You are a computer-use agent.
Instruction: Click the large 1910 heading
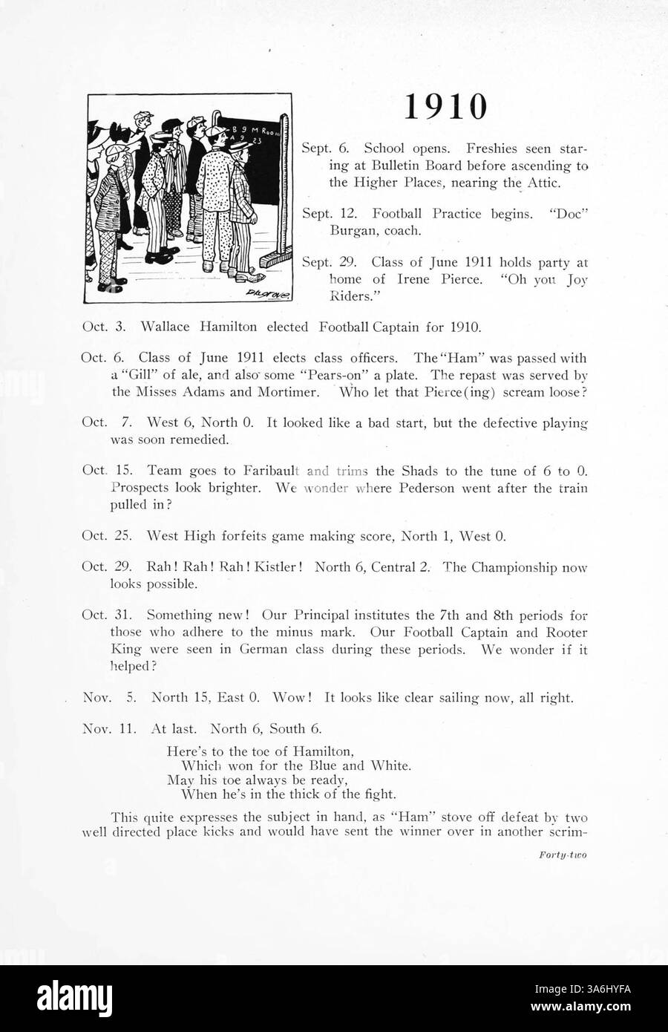(446, 106)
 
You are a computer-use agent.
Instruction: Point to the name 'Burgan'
(353, 231)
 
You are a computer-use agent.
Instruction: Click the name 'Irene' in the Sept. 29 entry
(419, 279)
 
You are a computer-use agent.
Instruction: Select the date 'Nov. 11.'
(109, 729)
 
